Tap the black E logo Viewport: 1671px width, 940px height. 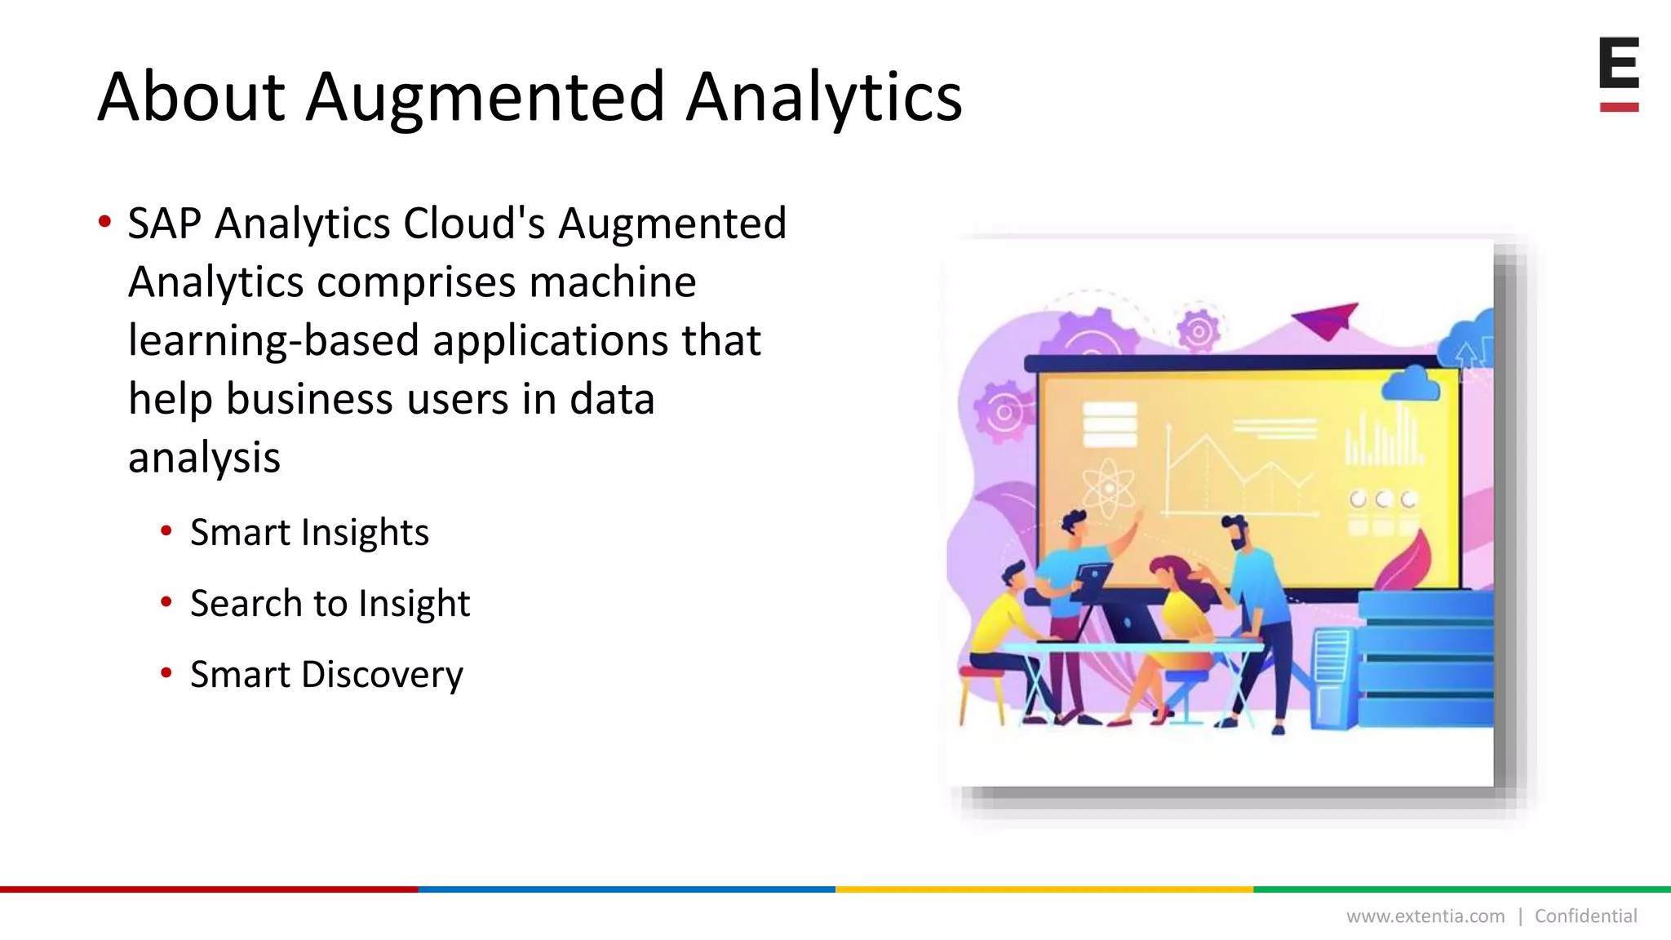tap(1619, 63)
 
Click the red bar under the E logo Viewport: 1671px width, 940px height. tap(1619, 107)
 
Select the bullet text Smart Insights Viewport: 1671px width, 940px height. tap(309, 533)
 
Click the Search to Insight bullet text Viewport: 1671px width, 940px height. tap(330, 604)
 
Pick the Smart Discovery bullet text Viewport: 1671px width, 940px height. tap(326, 675)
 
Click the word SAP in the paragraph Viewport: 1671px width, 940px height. tap(165, 224)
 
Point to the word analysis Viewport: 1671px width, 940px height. tap(204, 458)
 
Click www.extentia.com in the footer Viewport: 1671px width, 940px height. tap(1425, 916)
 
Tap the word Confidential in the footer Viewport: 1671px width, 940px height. tap(1585, 916)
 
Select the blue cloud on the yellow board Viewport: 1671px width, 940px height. tap(1410, 384)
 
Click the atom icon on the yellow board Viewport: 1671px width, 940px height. tap(1108, 489)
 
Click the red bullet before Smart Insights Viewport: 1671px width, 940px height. tap(166, 532)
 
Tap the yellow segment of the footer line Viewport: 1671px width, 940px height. tap(1044, 889)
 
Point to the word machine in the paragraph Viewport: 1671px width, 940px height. tap(612, 282)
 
